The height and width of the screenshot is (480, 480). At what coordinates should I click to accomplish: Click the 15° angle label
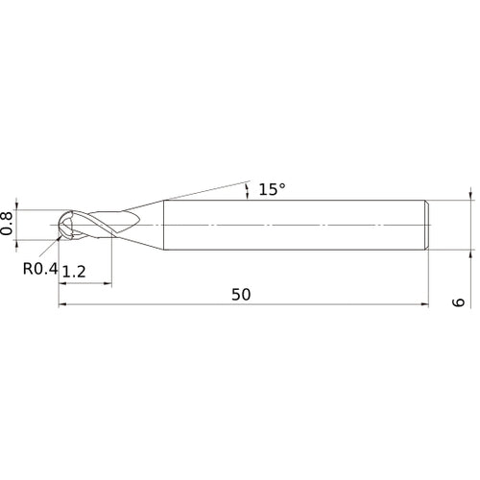[x=272, y=190]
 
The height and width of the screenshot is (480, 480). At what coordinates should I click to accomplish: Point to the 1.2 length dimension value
[x=73, y=273]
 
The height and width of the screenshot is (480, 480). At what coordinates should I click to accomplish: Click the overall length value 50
[x=241, y=295]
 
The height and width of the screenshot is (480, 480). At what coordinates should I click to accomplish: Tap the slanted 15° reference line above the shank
[x=206, y=188]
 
